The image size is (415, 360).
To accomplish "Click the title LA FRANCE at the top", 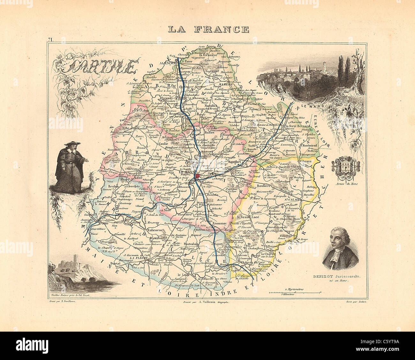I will coord(208,29).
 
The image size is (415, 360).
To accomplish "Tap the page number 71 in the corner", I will coord(50,40).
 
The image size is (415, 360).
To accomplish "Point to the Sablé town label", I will coord(105,223).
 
